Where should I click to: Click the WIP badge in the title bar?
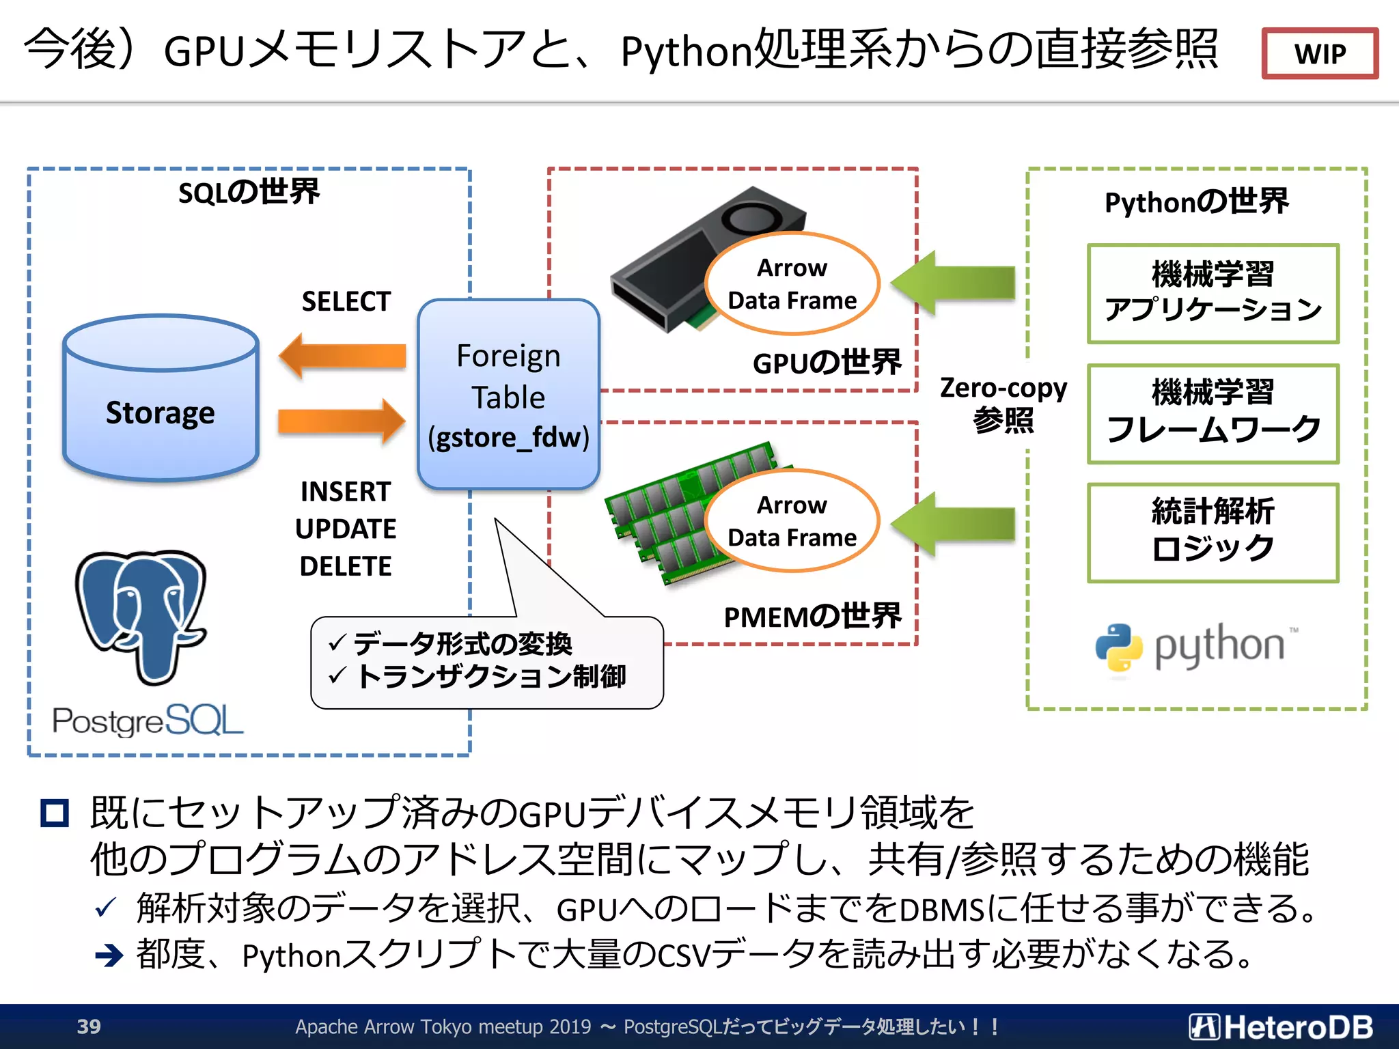coord(1319,53)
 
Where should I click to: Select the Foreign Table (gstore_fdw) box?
coord(508,395)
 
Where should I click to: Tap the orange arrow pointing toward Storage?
coord(342,356)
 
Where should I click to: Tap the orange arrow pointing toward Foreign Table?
coord(342,421)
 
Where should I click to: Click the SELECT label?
coord(346,301)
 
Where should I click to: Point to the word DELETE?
coord(346,566)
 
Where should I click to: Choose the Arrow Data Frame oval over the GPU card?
coord(792,284)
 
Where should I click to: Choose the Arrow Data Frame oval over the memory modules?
coord(792,521)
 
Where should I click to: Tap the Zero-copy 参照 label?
coord(1003,404)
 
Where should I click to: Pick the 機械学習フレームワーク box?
coord(1213,413)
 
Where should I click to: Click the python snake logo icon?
coord(1119,647)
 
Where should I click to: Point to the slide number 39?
coord(89,1026)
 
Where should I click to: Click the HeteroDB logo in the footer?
coord(1281,1026)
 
